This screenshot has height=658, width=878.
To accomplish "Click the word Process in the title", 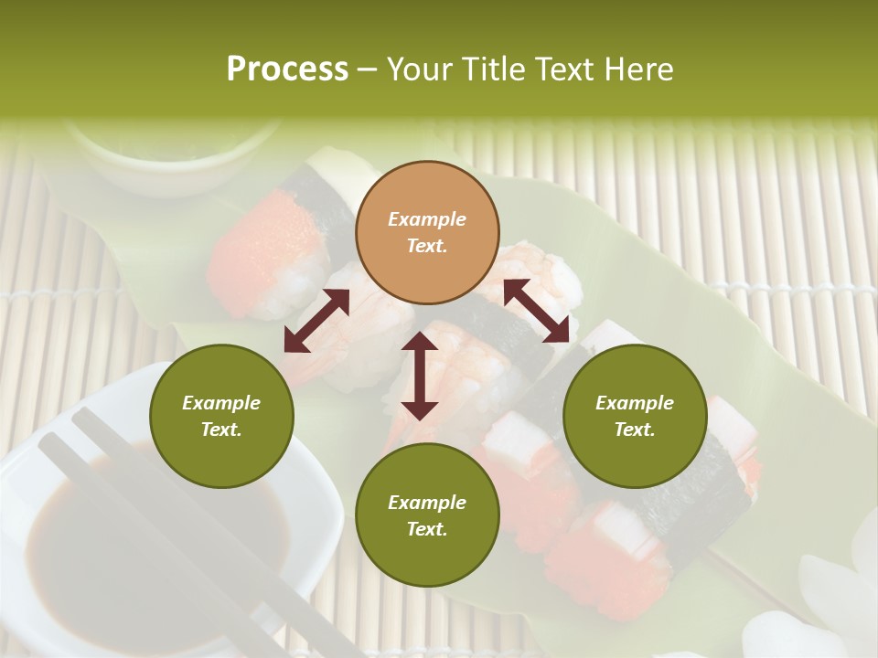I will pos(287,69).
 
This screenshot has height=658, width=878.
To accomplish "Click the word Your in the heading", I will pos(416,69).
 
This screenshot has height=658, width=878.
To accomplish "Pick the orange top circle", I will pos(427,232).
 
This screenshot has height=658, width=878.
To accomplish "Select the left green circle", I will pos(221,416).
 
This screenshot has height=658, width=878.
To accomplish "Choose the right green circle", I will pos(635,416).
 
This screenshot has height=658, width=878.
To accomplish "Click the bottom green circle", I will pos(427,515).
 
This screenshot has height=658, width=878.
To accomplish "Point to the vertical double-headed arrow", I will pos(420,376).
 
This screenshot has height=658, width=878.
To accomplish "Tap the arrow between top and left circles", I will pos(316,321).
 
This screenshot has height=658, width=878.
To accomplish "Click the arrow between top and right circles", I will pos(537,311).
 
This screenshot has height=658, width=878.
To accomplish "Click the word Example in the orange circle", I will pos(427,219).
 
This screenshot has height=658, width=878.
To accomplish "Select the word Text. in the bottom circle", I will pos(427,529).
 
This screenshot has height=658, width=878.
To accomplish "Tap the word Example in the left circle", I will pos(221,403).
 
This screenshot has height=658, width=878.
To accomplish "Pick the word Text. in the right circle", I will pos(635,430).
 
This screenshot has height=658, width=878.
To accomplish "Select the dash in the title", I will pos(368,69).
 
